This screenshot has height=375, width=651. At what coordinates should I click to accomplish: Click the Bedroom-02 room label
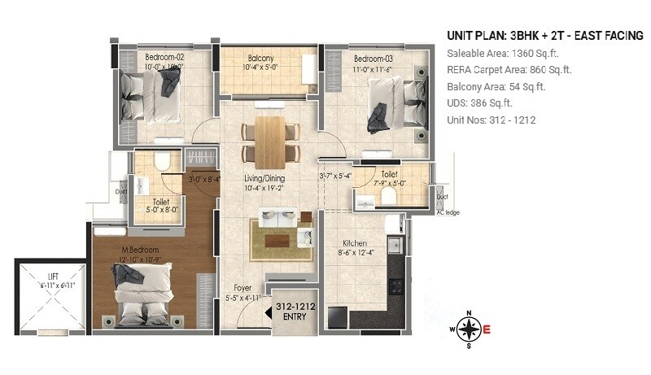point(165,58)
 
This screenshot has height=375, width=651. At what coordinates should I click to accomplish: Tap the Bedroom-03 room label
point(374,59)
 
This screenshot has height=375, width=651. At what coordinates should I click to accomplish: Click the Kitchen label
point(354,243)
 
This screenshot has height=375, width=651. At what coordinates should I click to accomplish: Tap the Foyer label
point(243,287)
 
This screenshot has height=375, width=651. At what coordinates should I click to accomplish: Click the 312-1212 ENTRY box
point(295,311)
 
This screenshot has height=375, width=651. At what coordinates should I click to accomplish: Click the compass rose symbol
point(467,329)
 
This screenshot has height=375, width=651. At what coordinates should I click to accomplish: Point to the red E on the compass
point(487,329)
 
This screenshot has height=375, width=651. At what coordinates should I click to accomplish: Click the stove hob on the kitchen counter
point(397,286)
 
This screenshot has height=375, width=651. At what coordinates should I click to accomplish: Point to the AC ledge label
point(448,213)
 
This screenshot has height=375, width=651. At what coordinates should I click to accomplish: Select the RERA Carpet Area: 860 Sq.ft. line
point(509,70)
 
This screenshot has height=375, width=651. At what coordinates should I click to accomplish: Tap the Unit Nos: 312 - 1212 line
point(492,120)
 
